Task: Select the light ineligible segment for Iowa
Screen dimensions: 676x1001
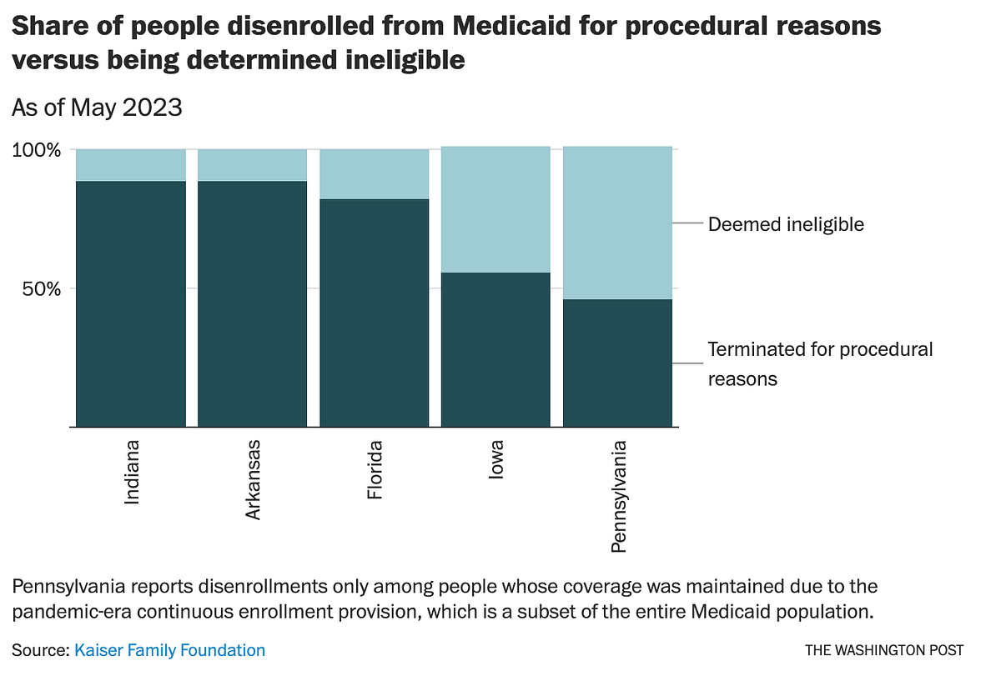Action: pos(495,209)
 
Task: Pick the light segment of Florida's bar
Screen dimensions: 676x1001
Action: pos(375,174)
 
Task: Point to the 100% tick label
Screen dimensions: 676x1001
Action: pos(37,151)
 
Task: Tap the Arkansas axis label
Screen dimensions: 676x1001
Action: pos(254,479)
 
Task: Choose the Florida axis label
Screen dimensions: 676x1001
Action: pos(375,470)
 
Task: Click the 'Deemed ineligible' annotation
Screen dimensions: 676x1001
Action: pos(786,224)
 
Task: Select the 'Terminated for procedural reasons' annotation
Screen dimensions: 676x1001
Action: pos(820,363)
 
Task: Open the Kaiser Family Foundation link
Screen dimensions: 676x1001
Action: pos(170,650)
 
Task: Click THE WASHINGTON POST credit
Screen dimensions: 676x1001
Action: pos(884,650)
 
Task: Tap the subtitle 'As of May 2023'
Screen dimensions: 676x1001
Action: pos(97,108)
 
